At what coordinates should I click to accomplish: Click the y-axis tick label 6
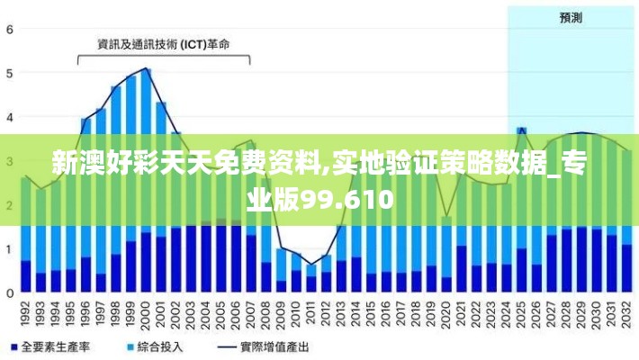(9, 29)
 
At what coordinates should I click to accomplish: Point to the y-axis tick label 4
(9, 117)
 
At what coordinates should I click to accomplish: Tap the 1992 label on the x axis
(25, 316)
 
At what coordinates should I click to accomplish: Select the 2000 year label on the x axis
(146, 316)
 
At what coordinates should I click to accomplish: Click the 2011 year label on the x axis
(310, 316)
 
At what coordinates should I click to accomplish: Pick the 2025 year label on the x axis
(521, 316)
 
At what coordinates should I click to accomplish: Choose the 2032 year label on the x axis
(626, 316)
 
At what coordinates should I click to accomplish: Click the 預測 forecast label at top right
(571, 17)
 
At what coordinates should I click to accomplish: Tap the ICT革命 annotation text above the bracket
(164, 42)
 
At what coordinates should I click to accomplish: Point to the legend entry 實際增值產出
(274, 346)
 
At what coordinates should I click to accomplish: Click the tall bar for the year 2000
(146, 180)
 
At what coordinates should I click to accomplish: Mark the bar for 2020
(446, 256)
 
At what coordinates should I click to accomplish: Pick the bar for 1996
(85, 207)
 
